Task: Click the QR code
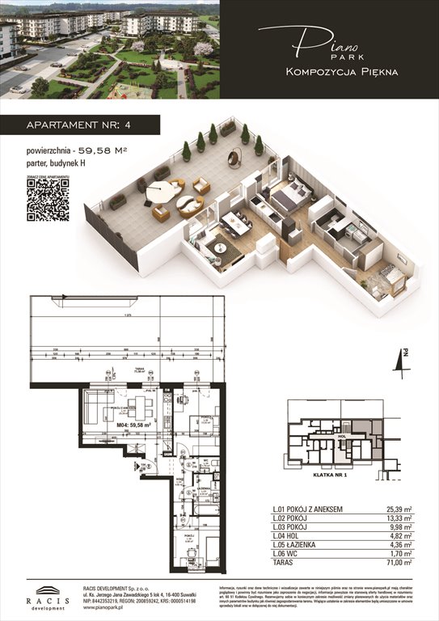[48, 199]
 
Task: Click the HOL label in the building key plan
[343, 434]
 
